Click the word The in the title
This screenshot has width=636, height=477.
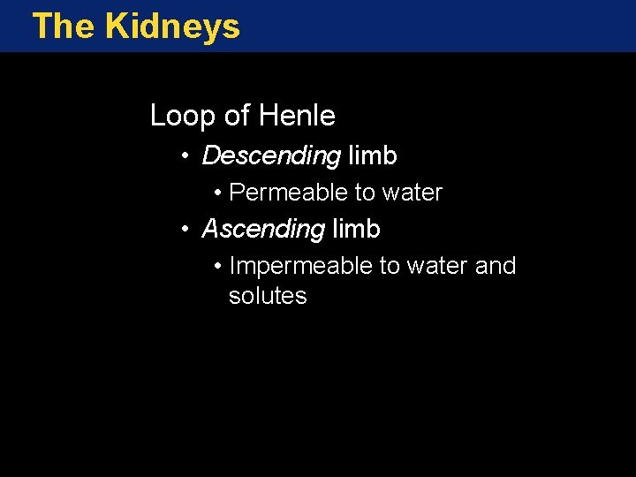(x=64, y=26)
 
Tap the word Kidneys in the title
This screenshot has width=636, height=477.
(x=172, y=27)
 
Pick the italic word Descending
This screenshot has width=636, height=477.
(x=271, y=156)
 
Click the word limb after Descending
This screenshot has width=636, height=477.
(x=373, y=156)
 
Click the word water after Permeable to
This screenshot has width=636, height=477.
(x=413, y=193)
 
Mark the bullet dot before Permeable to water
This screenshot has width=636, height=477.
(x=217, y=193)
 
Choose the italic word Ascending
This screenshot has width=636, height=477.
(x=263, y=230)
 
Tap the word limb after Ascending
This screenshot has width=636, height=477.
(x=357, y=230)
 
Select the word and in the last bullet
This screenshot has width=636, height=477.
(x=496, y=266)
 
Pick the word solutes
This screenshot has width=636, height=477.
(x=268, y=296)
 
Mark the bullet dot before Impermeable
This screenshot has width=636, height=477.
(x=217, y=267)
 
